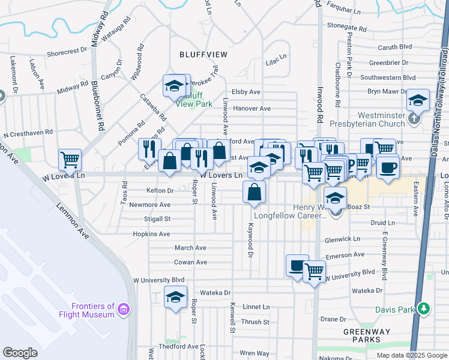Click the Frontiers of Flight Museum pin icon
[x=124, y=310]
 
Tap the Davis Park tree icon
[x=424, y=309]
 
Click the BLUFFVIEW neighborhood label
[x=203, y=54]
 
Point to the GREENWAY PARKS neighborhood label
[x=366, y=335]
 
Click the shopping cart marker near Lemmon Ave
[x=70, y=160]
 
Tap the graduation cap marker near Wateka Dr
[x=175, y=297]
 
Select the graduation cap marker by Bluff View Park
[x=174, y=86]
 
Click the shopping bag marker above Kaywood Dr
[x=255, y=193]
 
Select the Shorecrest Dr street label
[x=67, y=52]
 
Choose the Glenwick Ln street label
[x=342, y=238]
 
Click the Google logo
[x=20, y=353]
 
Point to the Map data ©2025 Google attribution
[x=411, y=355]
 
